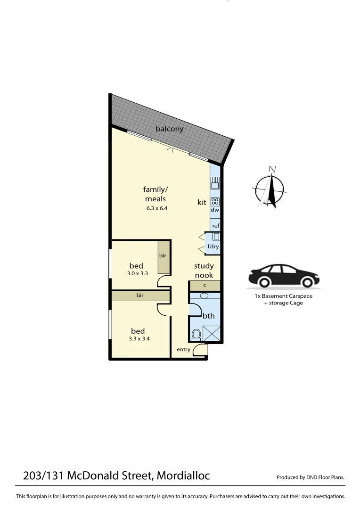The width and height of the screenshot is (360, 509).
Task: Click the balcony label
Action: [170, 129]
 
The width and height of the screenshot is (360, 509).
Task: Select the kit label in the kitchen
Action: [202, 202]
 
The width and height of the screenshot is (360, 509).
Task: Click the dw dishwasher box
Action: [215, 210]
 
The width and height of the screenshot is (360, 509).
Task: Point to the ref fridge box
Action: [215, 226]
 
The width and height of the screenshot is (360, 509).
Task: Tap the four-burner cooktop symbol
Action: [215, 201]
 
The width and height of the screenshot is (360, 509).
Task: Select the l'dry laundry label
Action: [213, 246]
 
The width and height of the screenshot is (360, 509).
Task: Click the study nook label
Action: [204, 271]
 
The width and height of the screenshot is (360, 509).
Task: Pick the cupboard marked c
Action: [205, 285]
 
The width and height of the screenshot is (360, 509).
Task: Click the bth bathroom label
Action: [208, 316]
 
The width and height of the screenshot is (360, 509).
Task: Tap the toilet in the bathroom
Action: [196, 335]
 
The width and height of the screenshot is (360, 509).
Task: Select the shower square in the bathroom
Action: [213, 334]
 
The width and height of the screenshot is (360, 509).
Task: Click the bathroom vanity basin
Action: [204, 296]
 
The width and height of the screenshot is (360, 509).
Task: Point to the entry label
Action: [183, 349]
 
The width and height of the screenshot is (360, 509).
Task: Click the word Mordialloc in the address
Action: [183, 476]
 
